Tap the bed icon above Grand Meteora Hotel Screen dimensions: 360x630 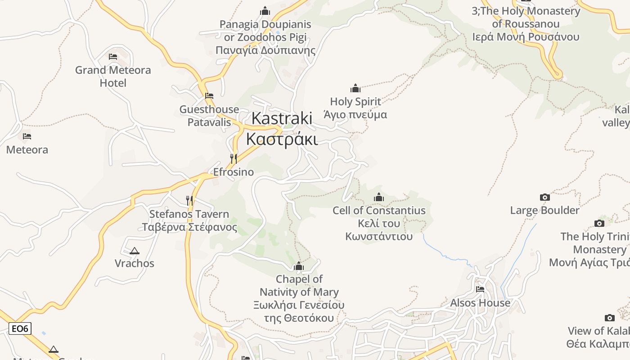[113, 57]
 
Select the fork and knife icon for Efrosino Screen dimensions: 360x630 [233, 159]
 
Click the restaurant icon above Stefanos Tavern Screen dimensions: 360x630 [189, 200]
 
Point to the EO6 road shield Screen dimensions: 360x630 [20, 329]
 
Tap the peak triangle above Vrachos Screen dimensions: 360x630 [134, 251]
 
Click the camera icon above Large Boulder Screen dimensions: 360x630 [544, 197]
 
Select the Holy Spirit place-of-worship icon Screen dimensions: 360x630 [355, 88]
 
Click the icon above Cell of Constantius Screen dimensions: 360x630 [379, 197]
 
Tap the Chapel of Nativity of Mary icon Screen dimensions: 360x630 [298, 266]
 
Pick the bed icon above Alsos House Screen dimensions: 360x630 [480, 289]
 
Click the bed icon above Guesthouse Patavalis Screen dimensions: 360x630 [209, 96]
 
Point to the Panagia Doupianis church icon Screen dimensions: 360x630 [265, 11]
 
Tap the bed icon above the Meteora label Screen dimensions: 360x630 [27, 136]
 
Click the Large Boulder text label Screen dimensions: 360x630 [544, 210]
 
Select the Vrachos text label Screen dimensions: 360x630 [134, 263]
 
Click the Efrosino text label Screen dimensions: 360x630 [233, 172]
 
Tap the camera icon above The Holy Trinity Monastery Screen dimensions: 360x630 [599, 223]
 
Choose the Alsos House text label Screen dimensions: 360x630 [480, 303]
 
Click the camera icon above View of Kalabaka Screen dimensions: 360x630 [609, 318]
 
